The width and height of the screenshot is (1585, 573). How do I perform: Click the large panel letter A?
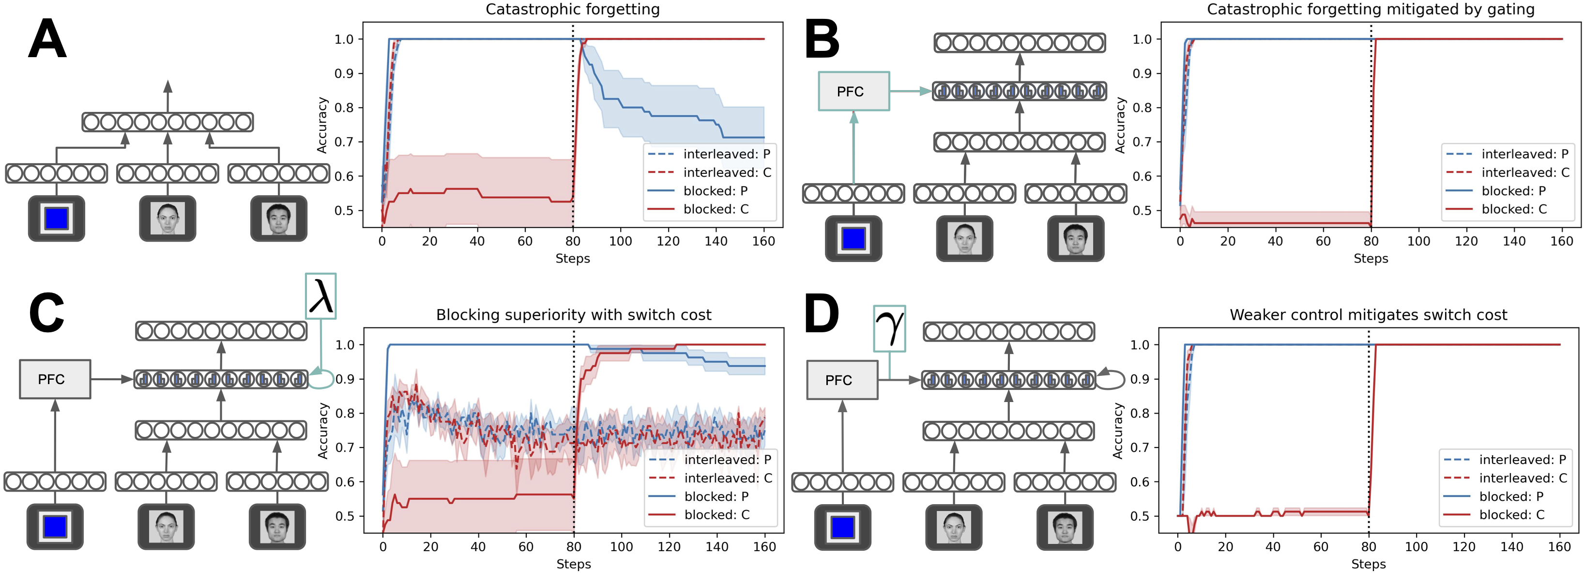pyautogui.click(x=47, y=39)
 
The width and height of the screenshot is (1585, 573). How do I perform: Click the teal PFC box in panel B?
pyautogui.click(x=853, y=91)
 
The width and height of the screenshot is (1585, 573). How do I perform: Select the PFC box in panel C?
pyautogui.click(x=55, y=379)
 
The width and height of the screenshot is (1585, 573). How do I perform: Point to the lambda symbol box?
pyautogui.click(x=320, y=296)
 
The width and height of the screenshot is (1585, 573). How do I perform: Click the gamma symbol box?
pyautogui.click(x=889, y=328)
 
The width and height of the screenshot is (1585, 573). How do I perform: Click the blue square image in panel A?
pyautogui.click(x=57, y=218)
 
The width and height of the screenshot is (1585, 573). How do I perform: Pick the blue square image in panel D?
pyautogui.click(x=842, y=527)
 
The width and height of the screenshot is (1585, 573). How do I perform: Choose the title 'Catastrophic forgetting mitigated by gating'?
pyautogui.click(x=1370, y=9)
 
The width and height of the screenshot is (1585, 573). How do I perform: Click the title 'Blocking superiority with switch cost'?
pyautogui.click(x=574, y=315)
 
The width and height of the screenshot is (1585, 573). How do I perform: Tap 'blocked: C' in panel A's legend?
pyautogui.click(x=716, y=209)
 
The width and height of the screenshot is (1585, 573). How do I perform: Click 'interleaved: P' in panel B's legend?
pyautogui.click(x=1524, y=154)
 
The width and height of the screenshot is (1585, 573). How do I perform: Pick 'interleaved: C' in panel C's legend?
pyautogui.click(x=728, y=478)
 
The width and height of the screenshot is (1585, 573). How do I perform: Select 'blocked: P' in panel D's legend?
pyautogui.click(x=1511, y=496)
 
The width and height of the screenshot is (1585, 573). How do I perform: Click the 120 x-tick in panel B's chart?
pyautogui.click(x=1466, y=241)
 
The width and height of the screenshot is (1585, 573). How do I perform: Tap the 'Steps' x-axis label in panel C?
pyautogui.click(x=574, y=564)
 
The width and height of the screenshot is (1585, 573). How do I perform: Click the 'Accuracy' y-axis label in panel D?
pyautogui.click(x=1118, y=431)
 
